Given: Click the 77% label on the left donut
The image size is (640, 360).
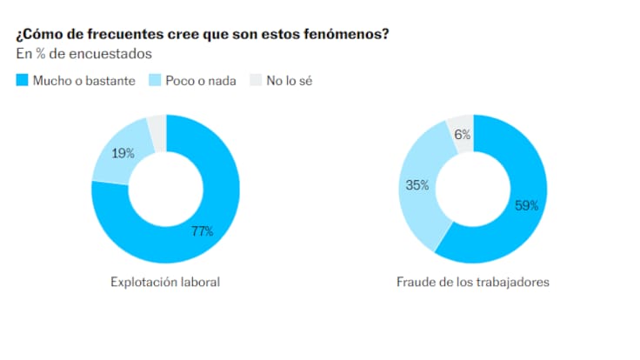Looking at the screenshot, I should pyautogui.click(x=202, y=230).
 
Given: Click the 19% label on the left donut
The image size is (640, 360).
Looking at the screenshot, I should pyautogui.click(x=123, y=153).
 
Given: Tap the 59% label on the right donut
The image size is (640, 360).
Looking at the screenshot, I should pyautogui.click(x=527, y=206).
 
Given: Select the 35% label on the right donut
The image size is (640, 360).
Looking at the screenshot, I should pyautogui.click(x=417, y=184).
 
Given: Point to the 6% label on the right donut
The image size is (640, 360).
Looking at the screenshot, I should pyautogui.click(x=463, y=135).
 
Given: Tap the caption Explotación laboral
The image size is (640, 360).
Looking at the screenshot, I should pyautogui.click(x=165, y=283).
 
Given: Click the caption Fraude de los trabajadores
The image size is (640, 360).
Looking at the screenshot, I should pyautogui.click(x=472, y=283).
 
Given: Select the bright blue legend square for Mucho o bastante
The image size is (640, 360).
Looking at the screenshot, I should pyautogui.click(x=22, y=81).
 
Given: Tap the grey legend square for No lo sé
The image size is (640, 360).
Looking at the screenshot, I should pyautogui.click(x=255, y=81).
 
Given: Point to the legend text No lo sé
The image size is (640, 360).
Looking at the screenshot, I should pyautogui.click(x=289, y=81).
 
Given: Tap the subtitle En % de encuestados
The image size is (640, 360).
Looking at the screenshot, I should pyautogui.click(x=84, y=54).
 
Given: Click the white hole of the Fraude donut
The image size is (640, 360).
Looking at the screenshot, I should pyautogui.click(x=473, y=189).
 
